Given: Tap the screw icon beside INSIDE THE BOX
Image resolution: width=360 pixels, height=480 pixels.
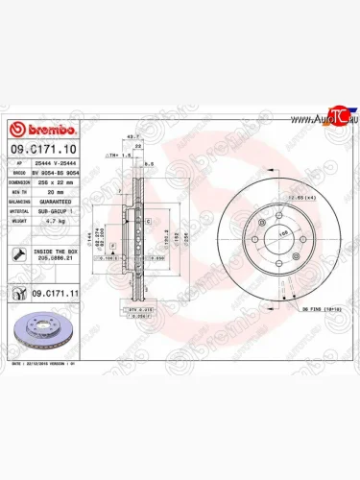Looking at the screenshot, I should [x=19, y=254].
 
